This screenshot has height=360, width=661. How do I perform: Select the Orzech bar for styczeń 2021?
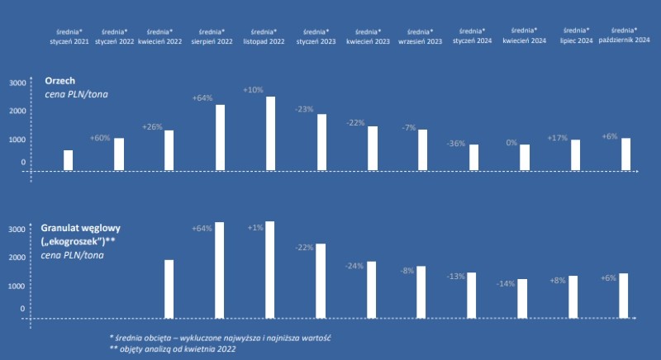pos(68,160)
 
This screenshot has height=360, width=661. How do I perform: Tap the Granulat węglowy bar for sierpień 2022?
pos(219,269)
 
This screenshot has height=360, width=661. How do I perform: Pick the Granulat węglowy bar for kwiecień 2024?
pos(522,298)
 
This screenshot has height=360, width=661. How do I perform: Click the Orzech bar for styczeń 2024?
pos(473,157)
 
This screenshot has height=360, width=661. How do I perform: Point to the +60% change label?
pos(100,138)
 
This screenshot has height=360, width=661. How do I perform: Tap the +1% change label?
pos(254,228)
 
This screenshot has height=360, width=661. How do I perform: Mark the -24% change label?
pos(354,266)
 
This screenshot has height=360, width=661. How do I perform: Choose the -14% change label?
pos(505,283)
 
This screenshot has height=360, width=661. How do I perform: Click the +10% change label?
pos(253,89)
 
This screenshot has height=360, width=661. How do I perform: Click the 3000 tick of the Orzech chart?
pos(17,83)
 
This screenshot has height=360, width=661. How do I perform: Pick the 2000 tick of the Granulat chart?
pos(17,258)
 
